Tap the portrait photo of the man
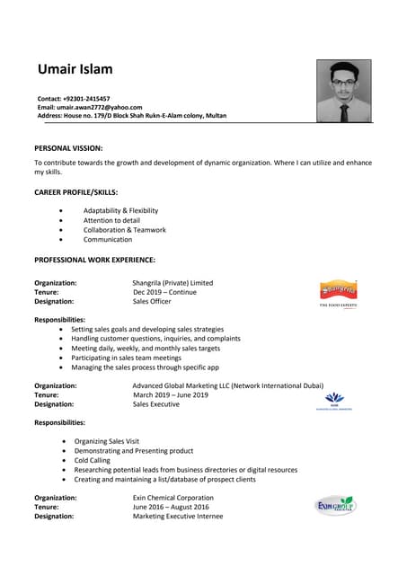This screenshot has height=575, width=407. tap(343, 91)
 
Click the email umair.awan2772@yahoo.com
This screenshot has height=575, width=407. tap(102, 107)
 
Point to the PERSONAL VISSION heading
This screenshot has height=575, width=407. tap(68, 147)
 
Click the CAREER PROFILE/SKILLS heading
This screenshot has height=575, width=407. tap(75, 192)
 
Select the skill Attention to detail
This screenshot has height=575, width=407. tap(111, 220)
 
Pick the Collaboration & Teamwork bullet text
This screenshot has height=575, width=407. tap(124, 230)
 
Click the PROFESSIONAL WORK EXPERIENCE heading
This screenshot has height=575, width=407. tap(94, 260)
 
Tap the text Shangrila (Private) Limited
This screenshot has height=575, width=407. tap(173, 283)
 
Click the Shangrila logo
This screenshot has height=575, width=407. tap(338, 290)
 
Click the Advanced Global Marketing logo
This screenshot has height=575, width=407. tap(334, 399)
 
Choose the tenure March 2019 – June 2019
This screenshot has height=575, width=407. tap(170, 394)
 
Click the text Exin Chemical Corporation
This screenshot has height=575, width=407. tap(173, 498)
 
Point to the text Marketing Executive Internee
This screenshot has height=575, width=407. tap(177, 517)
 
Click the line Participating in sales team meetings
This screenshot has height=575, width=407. tap(126, 358)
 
